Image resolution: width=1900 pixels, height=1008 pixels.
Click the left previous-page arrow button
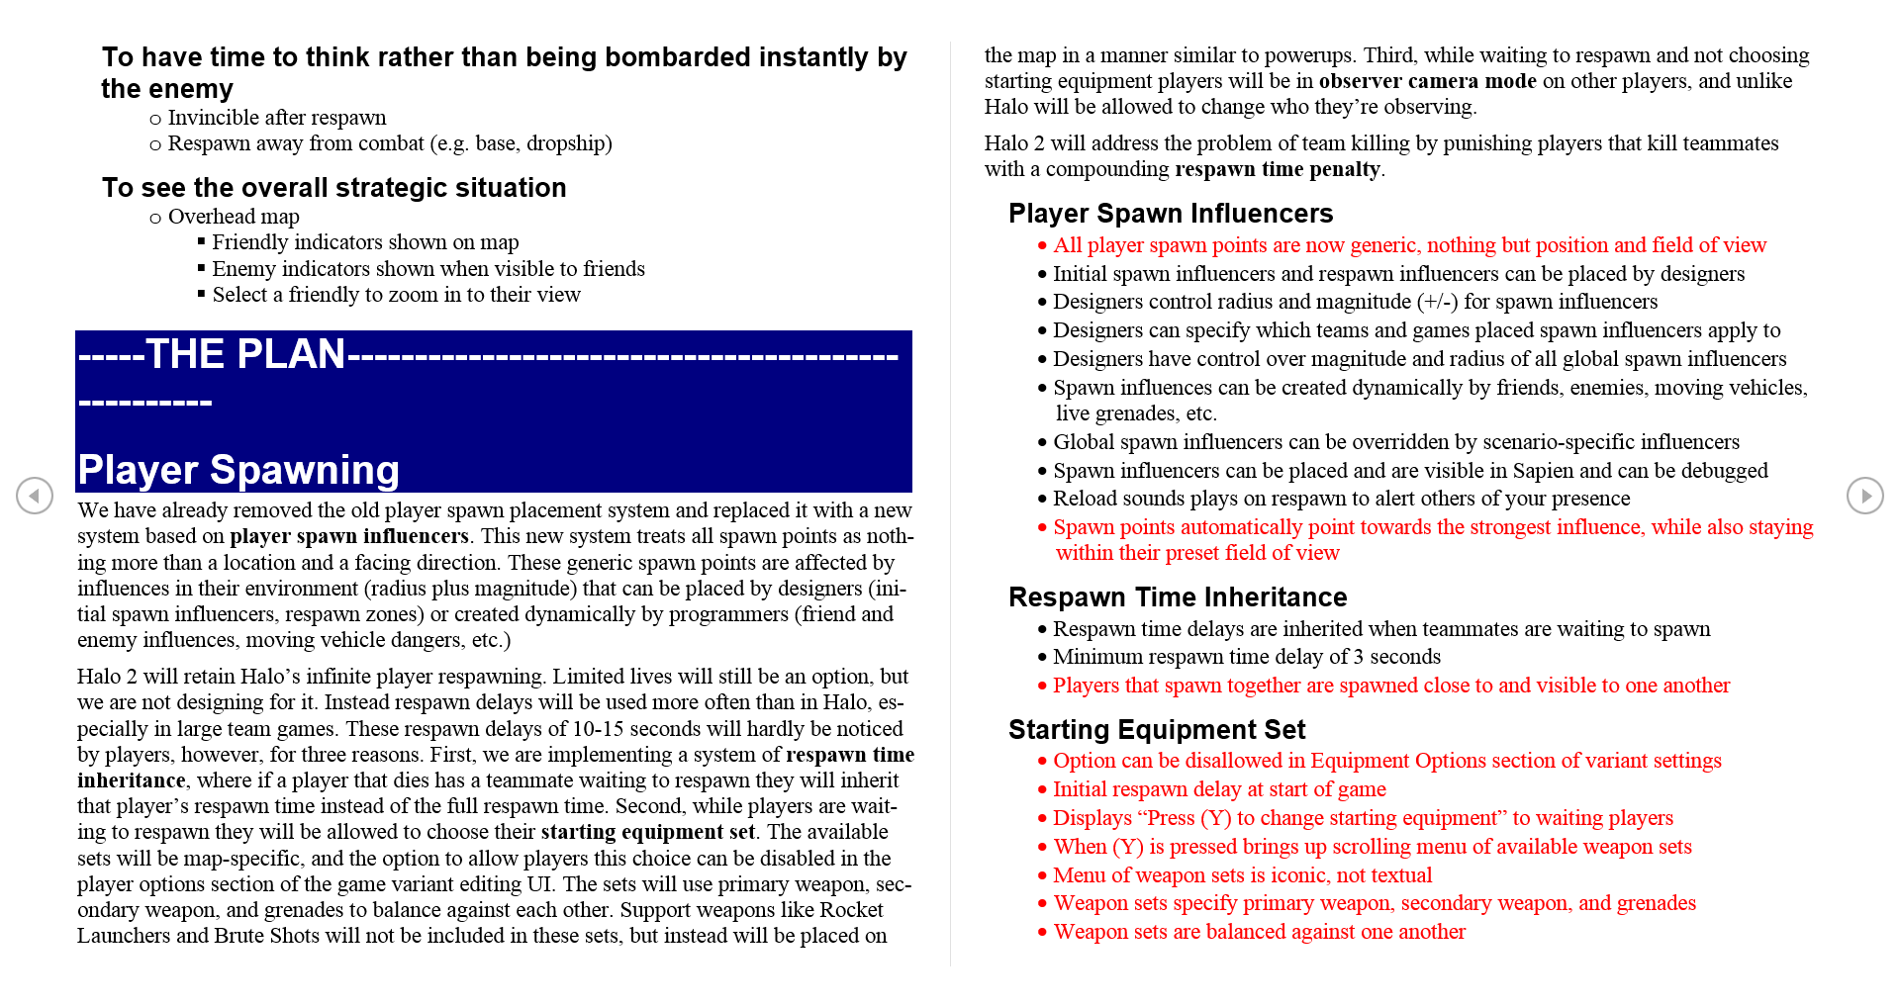pos(35,495)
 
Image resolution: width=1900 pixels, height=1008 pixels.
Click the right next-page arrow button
pos(1864,495)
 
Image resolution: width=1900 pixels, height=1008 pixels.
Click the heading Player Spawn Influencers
pos(1170,214)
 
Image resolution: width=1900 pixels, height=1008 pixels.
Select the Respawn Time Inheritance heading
pos(1177,597)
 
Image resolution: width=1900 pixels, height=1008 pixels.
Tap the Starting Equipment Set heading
pos(1156,730)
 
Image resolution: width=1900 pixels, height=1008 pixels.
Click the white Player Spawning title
pos(238,470)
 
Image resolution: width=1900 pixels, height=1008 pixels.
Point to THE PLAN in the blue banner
pos(244,354)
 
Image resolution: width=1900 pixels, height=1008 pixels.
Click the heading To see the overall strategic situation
pos(333,188)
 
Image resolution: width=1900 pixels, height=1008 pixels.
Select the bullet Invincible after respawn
pos(276,118)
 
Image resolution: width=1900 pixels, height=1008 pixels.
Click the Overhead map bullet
pos(233,217)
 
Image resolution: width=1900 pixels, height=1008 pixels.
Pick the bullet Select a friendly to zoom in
pos(396,295)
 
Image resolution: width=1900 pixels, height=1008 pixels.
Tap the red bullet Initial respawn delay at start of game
pos(1218,789)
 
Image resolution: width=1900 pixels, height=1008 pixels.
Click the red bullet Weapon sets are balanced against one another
pos(1259,932)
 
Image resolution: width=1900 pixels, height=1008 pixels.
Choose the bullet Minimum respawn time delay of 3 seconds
pos(1246,657)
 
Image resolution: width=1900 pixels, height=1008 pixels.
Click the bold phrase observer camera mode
pos(1427,81)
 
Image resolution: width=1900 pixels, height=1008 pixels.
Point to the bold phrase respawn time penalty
pos(1277,169)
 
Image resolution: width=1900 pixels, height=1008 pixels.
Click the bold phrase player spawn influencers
pos(348,536)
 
